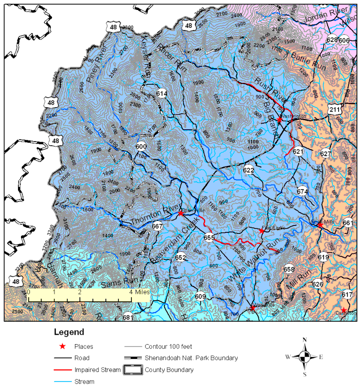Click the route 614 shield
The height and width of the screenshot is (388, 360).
tap(161, 93)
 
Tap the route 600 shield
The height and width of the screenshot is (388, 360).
tap(141, 146)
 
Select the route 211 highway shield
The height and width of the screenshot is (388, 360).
tap(335, 109)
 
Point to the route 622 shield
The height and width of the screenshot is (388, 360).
tap(249, 170)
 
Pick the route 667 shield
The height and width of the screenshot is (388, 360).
tap(158, 226)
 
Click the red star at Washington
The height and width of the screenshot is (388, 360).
tap(280, 120)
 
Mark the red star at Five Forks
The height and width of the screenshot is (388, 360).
tap(261, 231)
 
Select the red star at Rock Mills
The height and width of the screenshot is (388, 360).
tap(319, 225)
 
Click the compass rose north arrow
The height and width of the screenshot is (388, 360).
tap(305, 342)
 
